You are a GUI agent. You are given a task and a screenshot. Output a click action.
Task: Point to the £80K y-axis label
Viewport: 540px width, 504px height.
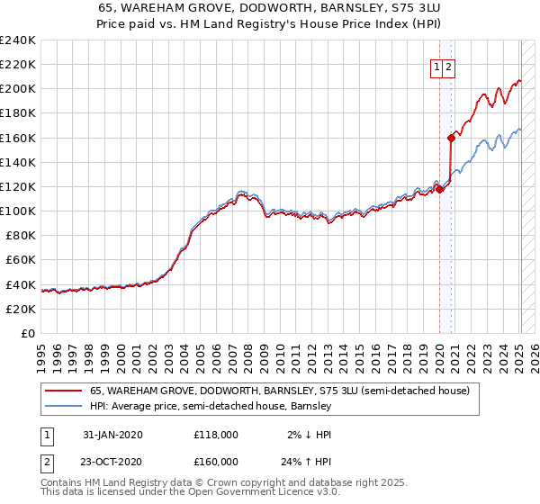point(21,235)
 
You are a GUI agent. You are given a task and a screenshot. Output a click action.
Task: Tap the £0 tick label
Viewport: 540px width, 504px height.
point(28,333)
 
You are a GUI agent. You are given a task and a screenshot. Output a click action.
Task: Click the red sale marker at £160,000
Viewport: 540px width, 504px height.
point(451,138)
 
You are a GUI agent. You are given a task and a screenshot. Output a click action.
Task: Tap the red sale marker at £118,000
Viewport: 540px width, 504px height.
point(439,189)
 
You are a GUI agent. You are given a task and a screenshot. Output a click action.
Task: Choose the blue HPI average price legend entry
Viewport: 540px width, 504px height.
point(211,406)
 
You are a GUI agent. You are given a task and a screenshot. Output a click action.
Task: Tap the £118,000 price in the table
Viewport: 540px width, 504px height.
point(216,435)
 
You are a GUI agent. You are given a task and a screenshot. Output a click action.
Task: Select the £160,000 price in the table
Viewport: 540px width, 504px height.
point(216,461)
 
